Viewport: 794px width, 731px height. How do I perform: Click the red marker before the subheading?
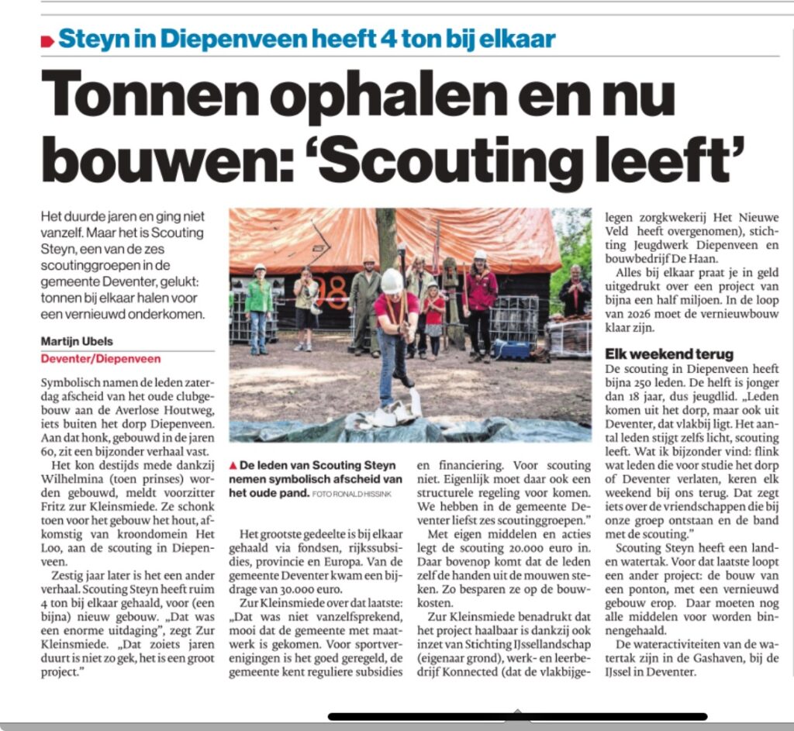coord(47,41)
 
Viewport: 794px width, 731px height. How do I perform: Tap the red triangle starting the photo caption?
coord(234,465)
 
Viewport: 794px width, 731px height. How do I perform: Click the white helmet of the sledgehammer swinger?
coord(392,281)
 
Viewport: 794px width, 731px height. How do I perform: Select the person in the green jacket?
coord(259,305)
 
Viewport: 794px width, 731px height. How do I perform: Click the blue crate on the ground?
coord(513,347)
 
